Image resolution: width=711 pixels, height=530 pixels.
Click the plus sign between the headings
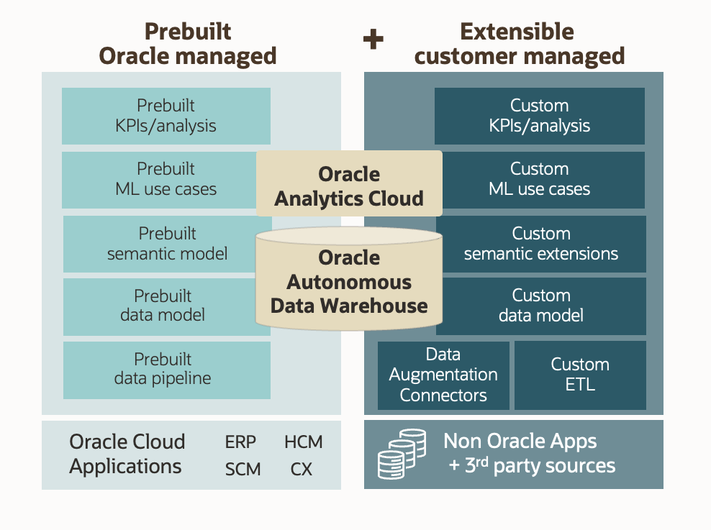pos(373,40)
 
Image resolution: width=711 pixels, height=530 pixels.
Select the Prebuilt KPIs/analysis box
pos(166,116)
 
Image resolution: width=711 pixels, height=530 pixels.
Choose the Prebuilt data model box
pos(162,306)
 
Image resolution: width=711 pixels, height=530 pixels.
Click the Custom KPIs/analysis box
pos(539,116)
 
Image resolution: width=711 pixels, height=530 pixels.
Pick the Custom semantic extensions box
pos(541,244)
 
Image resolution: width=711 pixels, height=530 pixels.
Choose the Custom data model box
pos(541,306)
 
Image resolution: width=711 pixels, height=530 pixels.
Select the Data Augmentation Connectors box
pos(443,375)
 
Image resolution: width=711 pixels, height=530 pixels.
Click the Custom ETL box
pos(580,375)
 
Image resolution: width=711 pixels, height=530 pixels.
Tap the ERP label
pos(240,442)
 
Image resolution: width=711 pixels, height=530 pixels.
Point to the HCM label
pos(303,442)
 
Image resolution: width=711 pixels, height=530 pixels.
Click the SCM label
pos(243,470)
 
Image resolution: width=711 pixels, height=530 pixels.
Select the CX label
pos(301,470)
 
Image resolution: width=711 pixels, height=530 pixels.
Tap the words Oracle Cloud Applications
pos(127,454)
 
